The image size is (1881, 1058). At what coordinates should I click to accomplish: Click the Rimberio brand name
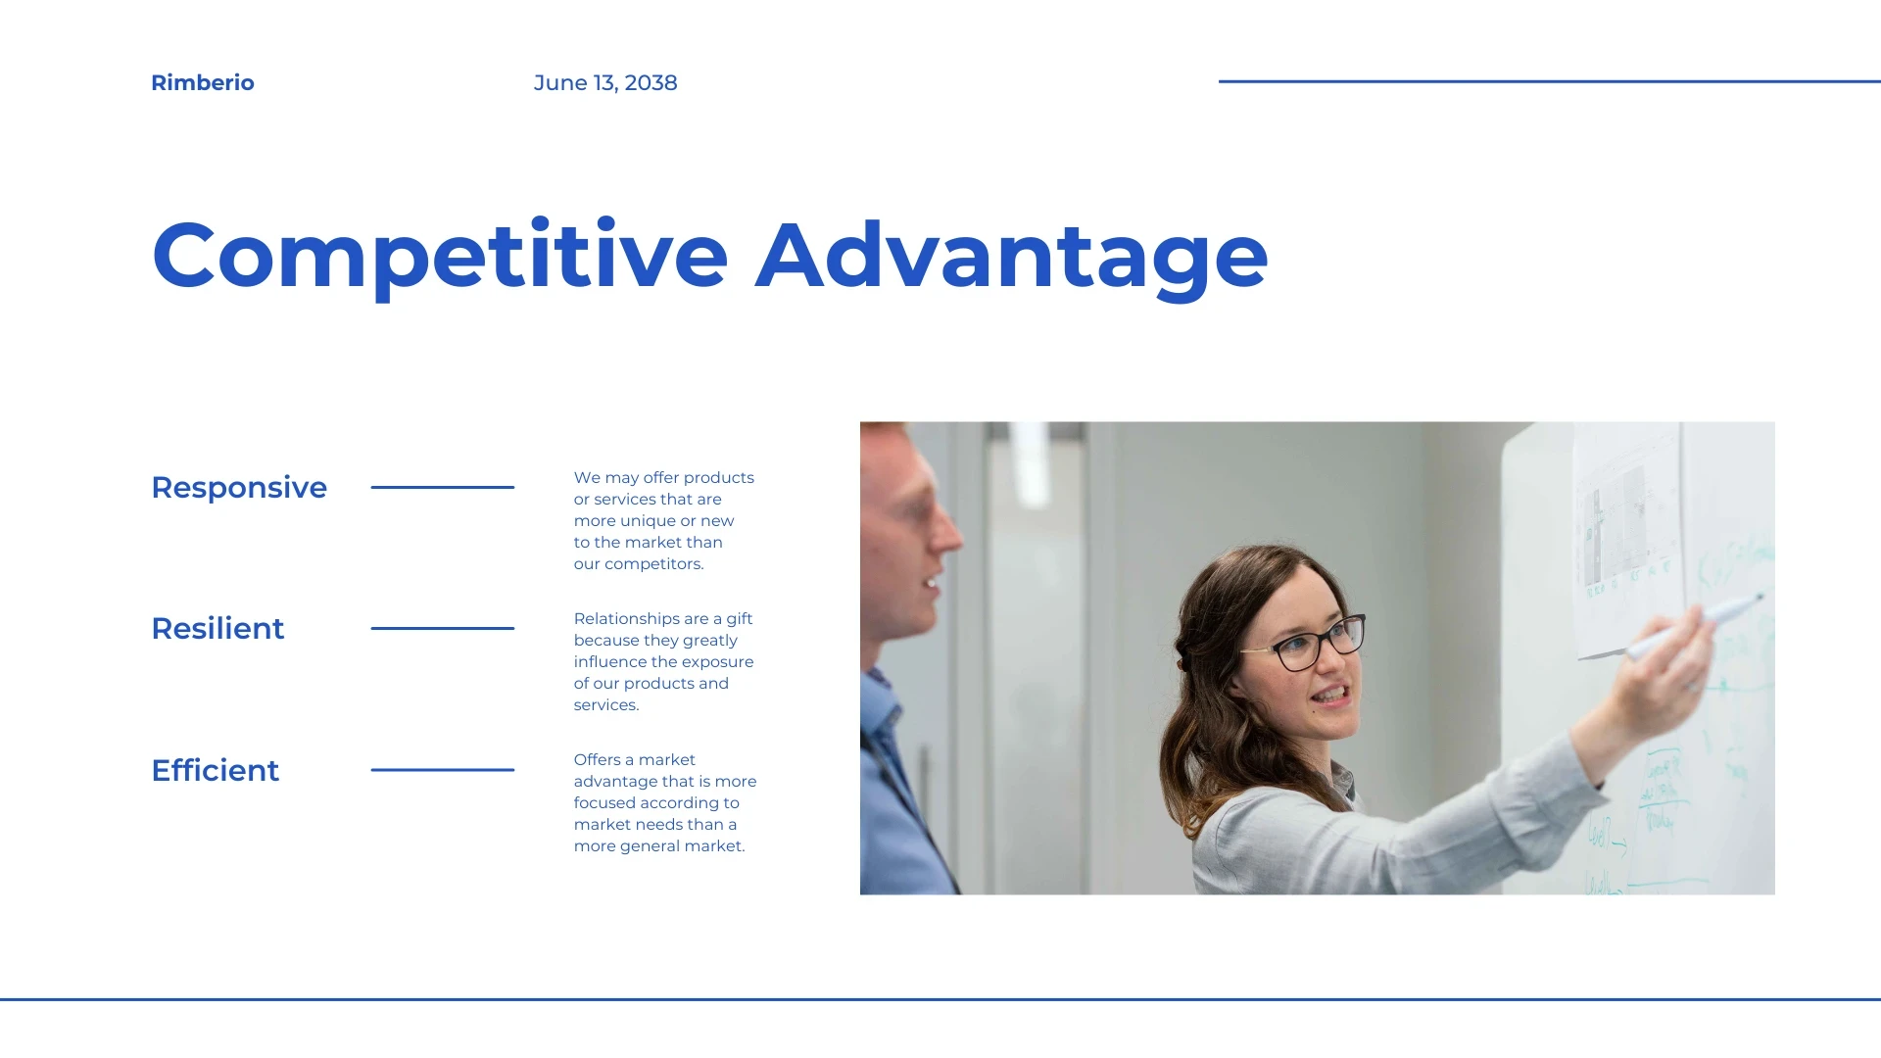pos(203,83)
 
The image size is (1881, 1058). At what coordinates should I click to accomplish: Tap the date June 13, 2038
pos(605,83)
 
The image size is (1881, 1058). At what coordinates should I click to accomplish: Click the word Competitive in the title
pos(440,257)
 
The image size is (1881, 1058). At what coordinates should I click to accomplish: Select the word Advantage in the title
pos(1012,257)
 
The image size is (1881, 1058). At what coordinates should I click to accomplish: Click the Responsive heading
pos(239,488)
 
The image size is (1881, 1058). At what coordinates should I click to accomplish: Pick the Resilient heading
pos(217,629)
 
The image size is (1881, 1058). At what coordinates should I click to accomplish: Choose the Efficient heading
pos(216,770)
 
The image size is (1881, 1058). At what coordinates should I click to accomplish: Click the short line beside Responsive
pos(443,487)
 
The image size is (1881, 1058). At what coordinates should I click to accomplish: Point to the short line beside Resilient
pos(443,628)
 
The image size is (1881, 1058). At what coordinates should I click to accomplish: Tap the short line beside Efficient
pos(443,770)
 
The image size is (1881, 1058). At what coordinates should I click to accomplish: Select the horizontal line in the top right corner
pos(1550,81)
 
